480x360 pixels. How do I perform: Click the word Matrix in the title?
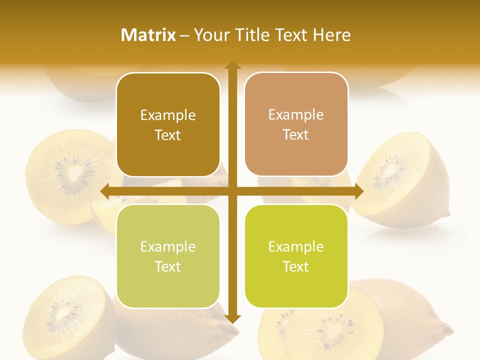148,35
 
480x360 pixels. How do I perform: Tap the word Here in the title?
331,35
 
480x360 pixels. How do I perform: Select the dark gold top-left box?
168,124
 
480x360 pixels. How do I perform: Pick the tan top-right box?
296,124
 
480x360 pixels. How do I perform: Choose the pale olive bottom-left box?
168,256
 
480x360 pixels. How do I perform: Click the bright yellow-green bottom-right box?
296,256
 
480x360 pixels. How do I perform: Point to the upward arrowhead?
232,65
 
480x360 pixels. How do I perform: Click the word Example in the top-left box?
168,115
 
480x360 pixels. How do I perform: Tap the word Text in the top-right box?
296,134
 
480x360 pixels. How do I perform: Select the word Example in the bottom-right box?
296,246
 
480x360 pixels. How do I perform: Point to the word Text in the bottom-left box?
168,266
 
